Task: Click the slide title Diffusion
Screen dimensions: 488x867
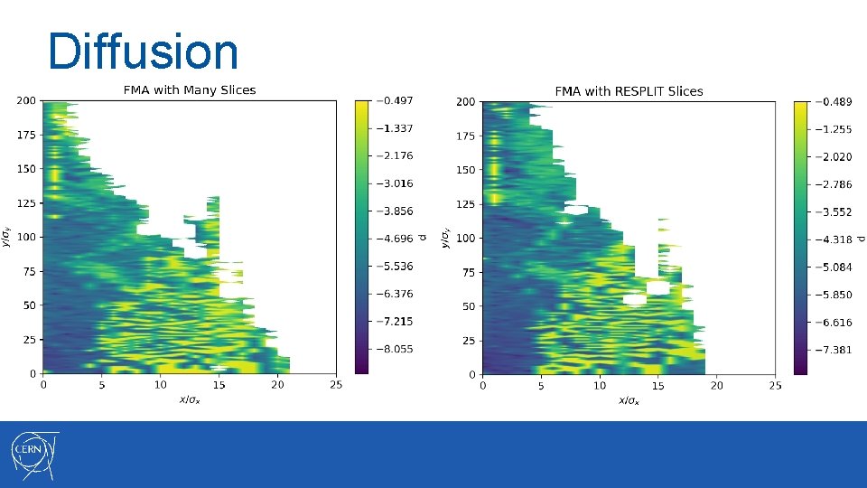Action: [x=143, y=52]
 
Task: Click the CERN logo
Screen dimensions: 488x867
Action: [x=34, y=454]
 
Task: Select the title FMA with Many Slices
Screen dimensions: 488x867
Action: [x=189, y=89]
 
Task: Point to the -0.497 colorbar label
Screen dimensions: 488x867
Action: [x=394, y=100]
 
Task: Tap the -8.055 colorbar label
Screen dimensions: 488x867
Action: [x=394, y=349]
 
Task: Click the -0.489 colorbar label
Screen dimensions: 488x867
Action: [x=831, y=101]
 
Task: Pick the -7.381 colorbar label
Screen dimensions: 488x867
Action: [x=831, y=350]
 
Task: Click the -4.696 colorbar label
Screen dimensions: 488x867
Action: [x=394, y=239]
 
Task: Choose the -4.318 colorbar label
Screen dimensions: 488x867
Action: [x=831, y=239]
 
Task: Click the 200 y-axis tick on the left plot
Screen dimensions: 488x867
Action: [x=25, y=100]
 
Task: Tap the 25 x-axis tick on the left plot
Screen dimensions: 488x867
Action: [x=335, y=386]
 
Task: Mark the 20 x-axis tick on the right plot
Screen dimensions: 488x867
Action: [x=716, y=387]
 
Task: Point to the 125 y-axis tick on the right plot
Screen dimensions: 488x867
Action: [x=464, y=204]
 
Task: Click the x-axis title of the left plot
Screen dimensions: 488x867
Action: [x=189, y=399]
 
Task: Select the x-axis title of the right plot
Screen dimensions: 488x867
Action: [x=628, y=400]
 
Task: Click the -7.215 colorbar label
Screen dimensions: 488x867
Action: [x=394, y=322]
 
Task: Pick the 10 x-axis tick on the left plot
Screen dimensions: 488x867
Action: [x=160, y=386]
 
